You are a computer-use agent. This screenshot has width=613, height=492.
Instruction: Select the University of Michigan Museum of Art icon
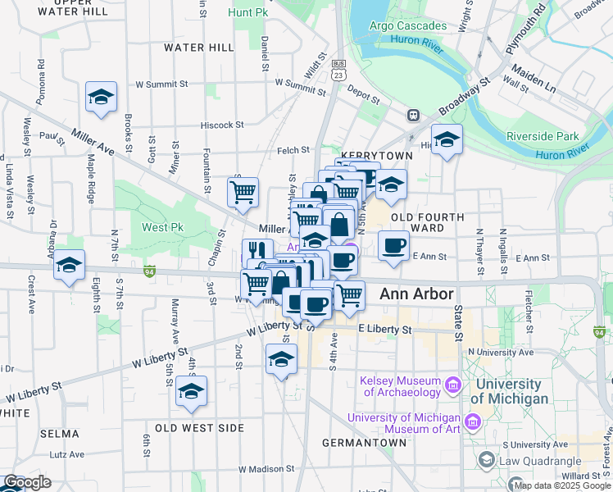pyautogui.click(x=472, y=422)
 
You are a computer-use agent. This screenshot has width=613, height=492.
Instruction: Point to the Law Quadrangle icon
pyautogui.click(x=488, y=460)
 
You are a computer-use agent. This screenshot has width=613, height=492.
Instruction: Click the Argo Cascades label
pyautogui.click(x=407, y=25)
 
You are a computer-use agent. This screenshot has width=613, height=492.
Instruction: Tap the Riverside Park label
pyautogui.click(x=543, y=137)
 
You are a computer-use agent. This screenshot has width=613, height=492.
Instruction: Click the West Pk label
pyautogui.click(x=161, y=227)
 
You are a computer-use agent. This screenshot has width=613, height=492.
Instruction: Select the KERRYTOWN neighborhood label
pyautogui.click(x=366, y=155)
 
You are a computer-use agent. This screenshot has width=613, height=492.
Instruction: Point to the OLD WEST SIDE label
pyautogui.click(x=199, y=428)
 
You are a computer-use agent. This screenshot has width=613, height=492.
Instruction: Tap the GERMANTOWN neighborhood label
pyautogui.click(x=364, y=443)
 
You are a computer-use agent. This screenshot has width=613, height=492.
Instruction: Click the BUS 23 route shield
pyautogui.click(x=338, y=70)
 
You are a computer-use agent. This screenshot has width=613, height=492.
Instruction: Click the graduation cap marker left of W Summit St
pyautogui.click(x=101, y=97)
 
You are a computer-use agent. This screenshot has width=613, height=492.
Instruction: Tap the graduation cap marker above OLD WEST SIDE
pyautogui.click(x=192, y=390)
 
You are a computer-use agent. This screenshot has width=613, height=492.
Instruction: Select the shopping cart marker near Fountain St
pyautogui.click(x=243, y=193)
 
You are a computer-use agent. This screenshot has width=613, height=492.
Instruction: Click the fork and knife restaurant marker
pyautogui.click(x=257, y=250)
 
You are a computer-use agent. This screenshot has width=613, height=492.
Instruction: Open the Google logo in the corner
pyautogui.click(x=26, y=483)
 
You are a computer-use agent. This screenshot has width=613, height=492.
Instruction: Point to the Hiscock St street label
pyautogui.click(x=223, y=125)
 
